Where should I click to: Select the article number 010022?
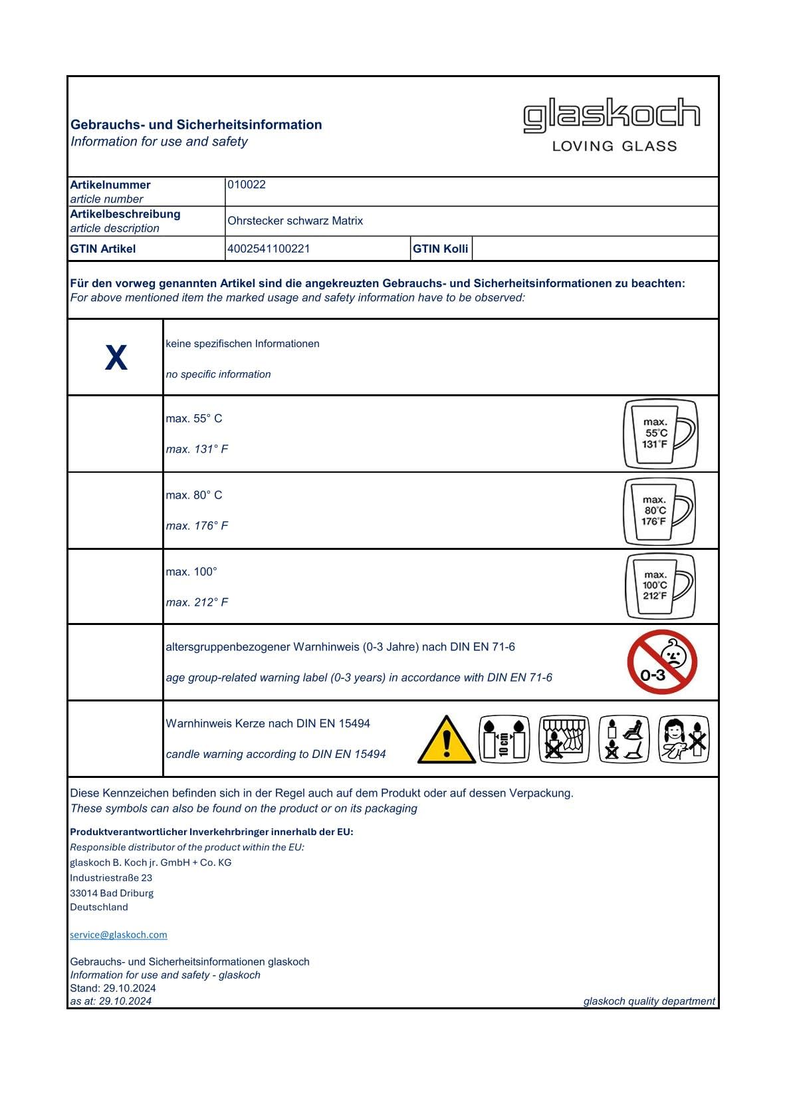tap(247, 185)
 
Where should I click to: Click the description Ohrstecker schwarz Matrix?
tap(295, 221)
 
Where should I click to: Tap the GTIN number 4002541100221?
tap(269, 249)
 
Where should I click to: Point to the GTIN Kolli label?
tap(441, 249)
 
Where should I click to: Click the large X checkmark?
tap(116, 358)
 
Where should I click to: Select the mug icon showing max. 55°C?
tap(660, 434)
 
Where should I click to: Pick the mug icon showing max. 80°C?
tap(659, 511)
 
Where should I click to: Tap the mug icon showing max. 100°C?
tap(660, 586)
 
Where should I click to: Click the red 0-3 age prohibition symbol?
tap(661, 662)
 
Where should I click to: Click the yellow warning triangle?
tap(447, 740)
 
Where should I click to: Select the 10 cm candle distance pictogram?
tap(505, 739)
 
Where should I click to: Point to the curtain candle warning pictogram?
tap(564, 739)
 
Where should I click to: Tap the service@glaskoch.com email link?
tap(118, 935)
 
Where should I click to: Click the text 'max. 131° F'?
tap(197, 449)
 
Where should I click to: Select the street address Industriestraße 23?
tap(111, 878)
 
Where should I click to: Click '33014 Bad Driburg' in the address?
tap(112, 893)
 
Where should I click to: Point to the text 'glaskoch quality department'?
tap(649, 1001)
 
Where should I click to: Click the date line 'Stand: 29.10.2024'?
tap(113, 988)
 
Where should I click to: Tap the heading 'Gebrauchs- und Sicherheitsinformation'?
tap(196, 125)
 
